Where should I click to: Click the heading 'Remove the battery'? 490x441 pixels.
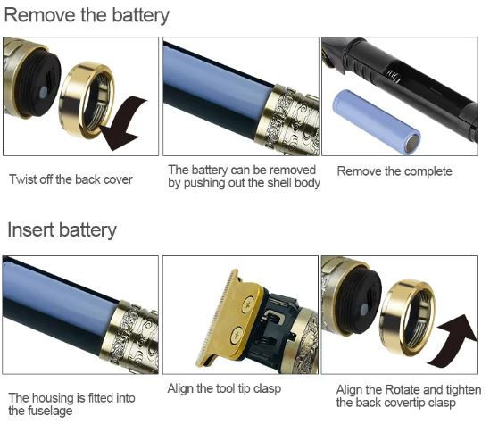(x=87, y=16)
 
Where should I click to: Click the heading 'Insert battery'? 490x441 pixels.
(x=62, y=230)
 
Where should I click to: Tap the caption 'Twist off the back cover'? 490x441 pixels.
(x=71, y=179)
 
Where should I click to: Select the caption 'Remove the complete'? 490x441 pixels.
(x=394, y=171)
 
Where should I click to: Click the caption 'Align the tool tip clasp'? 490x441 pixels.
(x=224, y=389)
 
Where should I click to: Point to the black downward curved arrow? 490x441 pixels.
(x=123, y=123)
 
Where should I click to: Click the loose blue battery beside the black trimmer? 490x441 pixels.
(x=376, y=121)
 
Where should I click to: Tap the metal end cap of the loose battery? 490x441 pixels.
(x=411, y=143)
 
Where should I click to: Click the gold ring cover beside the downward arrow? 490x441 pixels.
(x=86, y=100)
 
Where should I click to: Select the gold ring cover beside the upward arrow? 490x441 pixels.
(x=407, y=318)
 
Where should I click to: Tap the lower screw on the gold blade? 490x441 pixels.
(x=237, y=336)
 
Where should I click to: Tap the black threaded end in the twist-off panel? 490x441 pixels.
(x=37, y=84)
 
